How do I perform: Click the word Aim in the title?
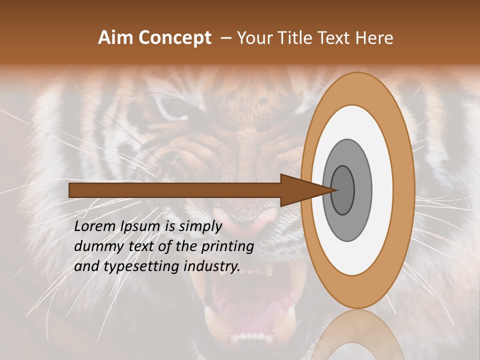tap(116, 38)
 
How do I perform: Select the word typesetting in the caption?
tap(142, 266)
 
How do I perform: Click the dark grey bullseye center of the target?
tap(343, 190)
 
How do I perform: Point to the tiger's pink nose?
tap(255, 220)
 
